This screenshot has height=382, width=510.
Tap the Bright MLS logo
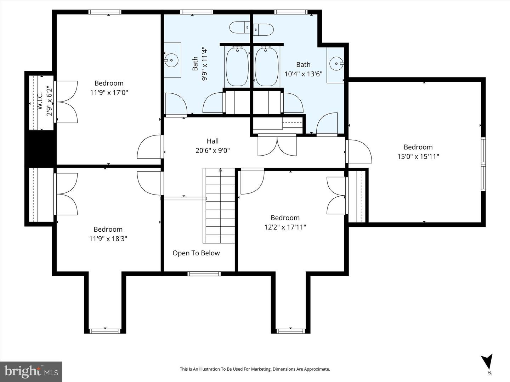point(31,371)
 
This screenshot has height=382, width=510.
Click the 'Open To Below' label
point(196,253)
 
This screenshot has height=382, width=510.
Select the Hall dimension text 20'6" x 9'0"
point(212,150)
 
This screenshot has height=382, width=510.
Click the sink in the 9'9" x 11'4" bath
point(172,60)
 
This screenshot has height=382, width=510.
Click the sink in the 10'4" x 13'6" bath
point(335,64)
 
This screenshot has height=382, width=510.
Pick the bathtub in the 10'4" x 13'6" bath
point(267,66)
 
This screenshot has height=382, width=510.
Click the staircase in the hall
point(219,206)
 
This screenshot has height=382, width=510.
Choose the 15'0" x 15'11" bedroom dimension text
point(418,156)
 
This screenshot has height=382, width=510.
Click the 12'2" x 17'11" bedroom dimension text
point(285,227)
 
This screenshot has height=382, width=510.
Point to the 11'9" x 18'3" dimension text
point(108,239)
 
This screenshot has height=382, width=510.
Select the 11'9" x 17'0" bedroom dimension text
point(109,92)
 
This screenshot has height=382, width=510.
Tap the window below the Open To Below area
point(204,273)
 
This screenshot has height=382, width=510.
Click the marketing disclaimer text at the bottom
point(255,369)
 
